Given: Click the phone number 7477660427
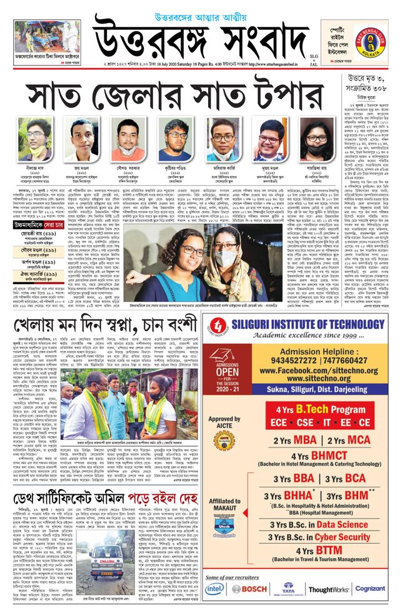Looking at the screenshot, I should coord(334,360).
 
